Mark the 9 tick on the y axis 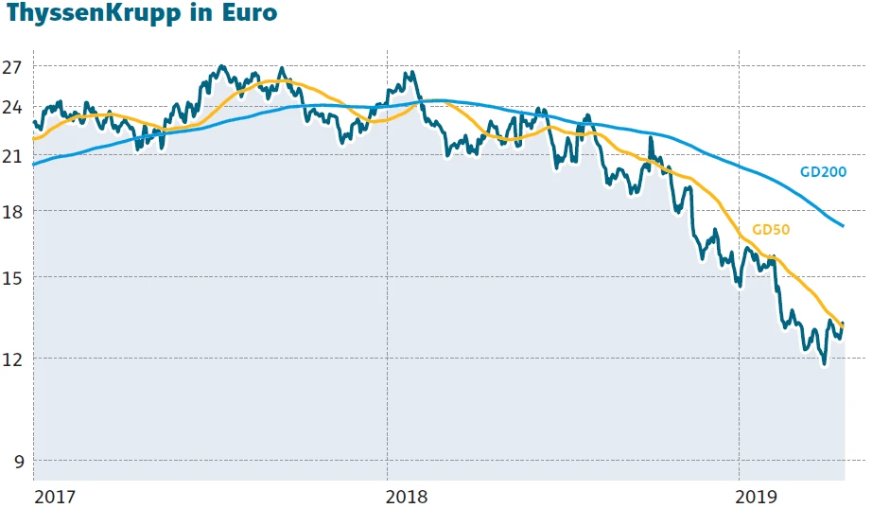click(17, 462)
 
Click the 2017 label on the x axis click(55, 496)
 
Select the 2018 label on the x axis click(408, 496)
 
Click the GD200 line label click(822, 172)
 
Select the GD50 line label click(770, 229)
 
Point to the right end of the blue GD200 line click(844, 227)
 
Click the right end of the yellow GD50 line click(844, 325)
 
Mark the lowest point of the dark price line click(824, 363)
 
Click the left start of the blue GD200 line click(33, 165)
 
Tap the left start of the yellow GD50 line click(33, 139)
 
